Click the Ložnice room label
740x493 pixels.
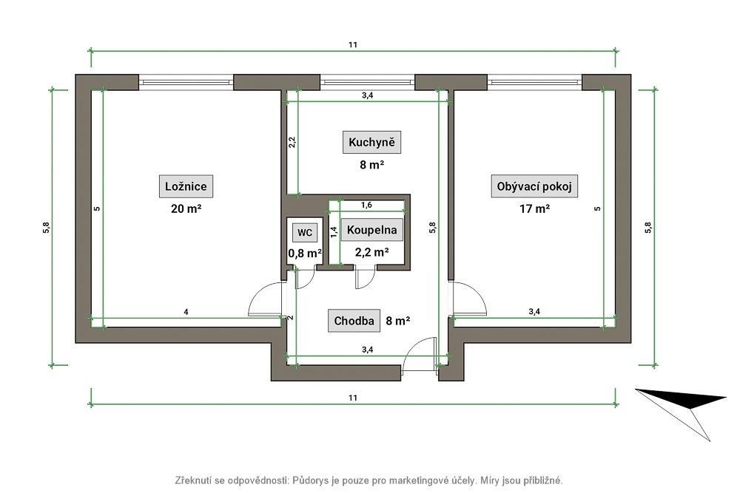[186, 186]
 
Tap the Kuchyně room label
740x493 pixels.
[371, 143]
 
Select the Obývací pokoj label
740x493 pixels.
[534, 186]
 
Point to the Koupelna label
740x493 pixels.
[372, 230]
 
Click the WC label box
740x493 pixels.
[305, 232]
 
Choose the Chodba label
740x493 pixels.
[354, 321]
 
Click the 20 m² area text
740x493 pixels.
[186, 208]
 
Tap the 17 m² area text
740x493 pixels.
[534, 208]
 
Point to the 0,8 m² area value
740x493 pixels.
[305, 254]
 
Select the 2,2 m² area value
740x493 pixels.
[372, 252]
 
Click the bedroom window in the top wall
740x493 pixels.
[186, 83]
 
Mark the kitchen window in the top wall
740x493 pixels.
[368, 83]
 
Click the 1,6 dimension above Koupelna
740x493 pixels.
[366, 205]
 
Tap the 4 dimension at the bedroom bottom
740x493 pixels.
[186, 312]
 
